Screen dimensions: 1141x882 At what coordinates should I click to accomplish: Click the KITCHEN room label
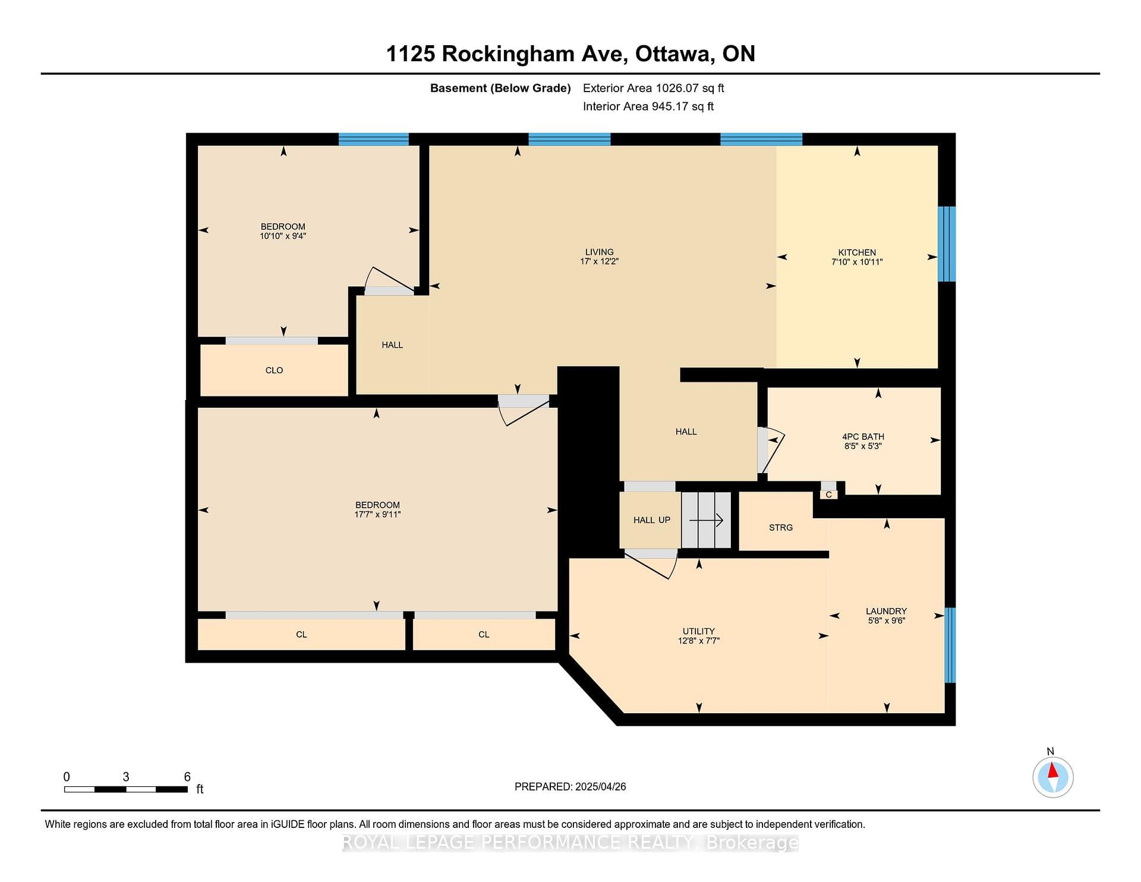coord(857,253)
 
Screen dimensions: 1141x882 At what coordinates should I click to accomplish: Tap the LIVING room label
coord(599,252)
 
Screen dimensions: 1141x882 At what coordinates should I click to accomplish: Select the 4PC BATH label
coord(863,437)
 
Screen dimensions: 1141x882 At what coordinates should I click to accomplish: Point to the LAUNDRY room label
coord(886,611)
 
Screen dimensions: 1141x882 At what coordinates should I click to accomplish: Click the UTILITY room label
coord(699,631)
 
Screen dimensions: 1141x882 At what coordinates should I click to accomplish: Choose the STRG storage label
coord(781,528)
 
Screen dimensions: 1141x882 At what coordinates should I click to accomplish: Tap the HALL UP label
coord(652,520)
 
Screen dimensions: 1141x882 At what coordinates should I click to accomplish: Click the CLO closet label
coord(274,370)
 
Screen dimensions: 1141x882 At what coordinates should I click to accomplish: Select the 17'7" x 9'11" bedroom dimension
coord(377,515)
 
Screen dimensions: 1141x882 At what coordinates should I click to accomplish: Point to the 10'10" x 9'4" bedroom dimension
coord(283,236)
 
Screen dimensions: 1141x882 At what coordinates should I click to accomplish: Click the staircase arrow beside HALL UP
coord(706,521)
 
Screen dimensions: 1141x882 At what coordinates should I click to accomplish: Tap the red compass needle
coord(1053,770)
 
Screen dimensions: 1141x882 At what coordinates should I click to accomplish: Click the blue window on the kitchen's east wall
coord(947,244)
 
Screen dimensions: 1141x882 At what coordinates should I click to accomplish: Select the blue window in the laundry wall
coord(950,645)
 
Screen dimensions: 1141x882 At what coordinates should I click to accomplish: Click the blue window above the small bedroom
coord(374,139)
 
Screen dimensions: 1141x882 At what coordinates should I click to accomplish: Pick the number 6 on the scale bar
coord(187,777)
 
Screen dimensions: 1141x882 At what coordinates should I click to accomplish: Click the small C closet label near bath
coord(828,494)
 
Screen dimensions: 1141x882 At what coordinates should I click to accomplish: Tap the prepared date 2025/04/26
coord(601,786)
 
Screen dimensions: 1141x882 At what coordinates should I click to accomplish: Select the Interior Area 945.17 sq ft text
coord(648,106)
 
